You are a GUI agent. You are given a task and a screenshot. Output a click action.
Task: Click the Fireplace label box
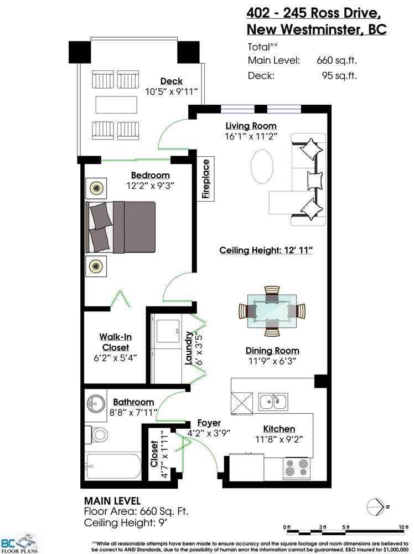coord(206,179)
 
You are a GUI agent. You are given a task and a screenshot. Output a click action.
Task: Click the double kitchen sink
coord(273,402)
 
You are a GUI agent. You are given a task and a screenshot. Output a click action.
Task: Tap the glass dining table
coord(272,311)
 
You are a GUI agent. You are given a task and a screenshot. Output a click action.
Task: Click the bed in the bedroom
coord(120,227)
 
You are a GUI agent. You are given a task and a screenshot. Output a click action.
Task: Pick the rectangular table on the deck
coord(116,105)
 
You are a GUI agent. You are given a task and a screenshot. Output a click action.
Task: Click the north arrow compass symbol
coord(376,507)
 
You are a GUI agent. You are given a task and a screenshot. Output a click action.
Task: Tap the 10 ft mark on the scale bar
coord(403,527)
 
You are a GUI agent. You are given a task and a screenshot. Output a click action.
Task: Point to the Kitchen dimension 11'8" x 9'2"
coord(279,439)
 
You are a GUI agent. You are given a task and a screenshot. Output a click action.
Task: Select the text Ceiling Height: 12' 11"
coord(266,250)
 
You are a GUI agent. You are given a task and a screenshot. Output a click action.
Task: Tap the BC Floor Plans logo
coord(19,545)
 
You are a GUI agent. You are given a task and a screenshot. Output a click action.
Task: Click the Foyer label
coord(209,423)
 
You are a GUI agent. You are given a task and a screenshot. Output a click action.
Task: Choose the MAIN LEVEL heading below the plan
coord(112,501)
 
